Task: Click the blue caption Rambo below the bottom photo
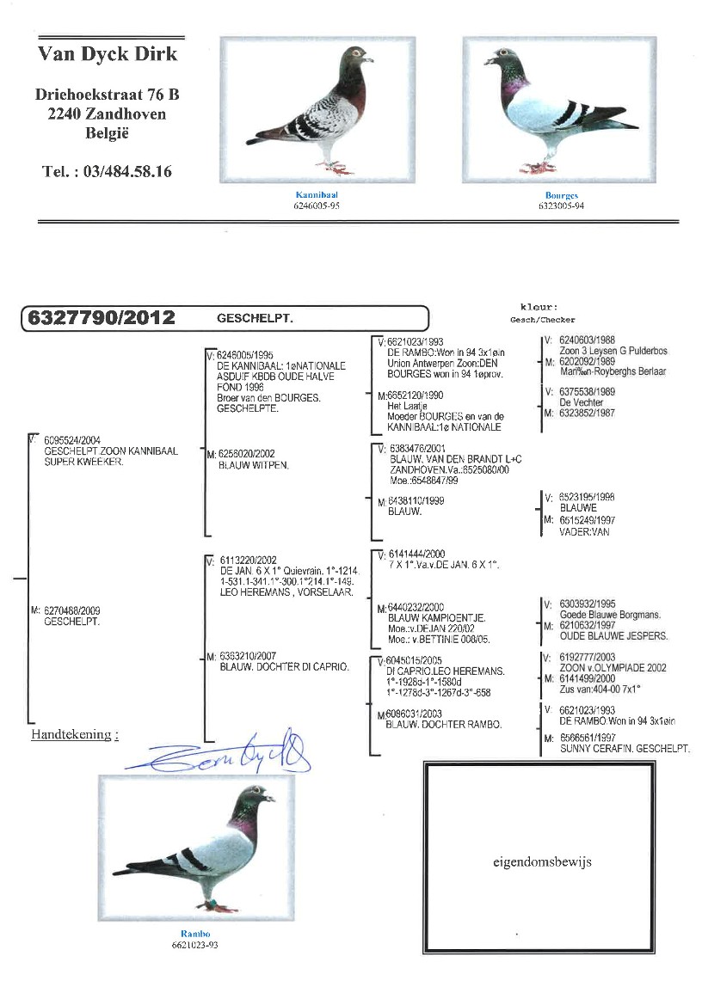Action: click(195, 934)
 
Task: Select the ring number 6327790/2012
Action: click(102, 318)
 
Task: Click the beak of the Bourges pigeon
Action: click(487, 62)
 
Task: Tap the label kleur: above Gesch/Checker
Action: click(539, 307)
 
